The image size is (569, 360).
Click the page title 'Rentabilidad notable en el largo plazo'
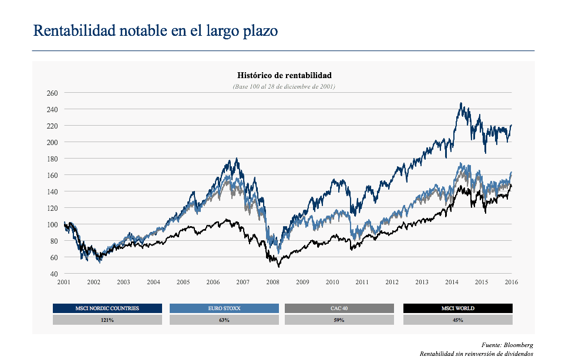point(156,31)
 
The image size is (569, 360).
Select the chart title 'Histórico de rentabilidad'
point(284,75)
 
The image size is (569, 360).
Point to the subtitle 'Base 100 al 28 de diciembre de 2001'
point(284,86)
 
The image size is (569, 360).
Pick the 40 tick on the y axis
point(53,274)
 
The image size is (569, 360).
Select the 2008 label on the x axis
point(272,282)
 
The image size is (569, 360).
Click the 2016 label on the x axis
point(511,282)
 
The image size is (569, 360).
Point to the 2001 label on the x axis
point(64,282)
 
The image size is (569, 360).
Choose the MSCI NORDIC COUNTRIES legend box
point(107,308)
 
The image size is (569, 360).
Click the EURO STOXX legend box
point(224,308)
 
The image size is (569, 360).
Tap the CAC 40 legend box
point(339,308)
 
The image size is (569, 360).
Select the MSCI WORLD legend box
point(457,308)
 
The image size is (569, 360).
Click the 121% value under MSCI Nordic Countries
point(107,320)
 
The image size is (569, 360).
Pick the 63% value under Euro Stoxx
point(224,320)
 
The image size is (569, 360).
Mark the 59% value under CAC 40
point(339,320)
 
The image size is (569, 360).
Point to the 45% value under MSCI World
point(457,320)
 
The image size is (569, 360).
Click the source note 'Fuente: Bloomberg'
point(509,345)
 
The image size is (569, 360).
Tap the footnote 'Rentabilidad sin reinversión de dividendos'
point(476,354)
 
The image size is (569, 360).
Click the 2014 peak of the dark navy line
point(461,103)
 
